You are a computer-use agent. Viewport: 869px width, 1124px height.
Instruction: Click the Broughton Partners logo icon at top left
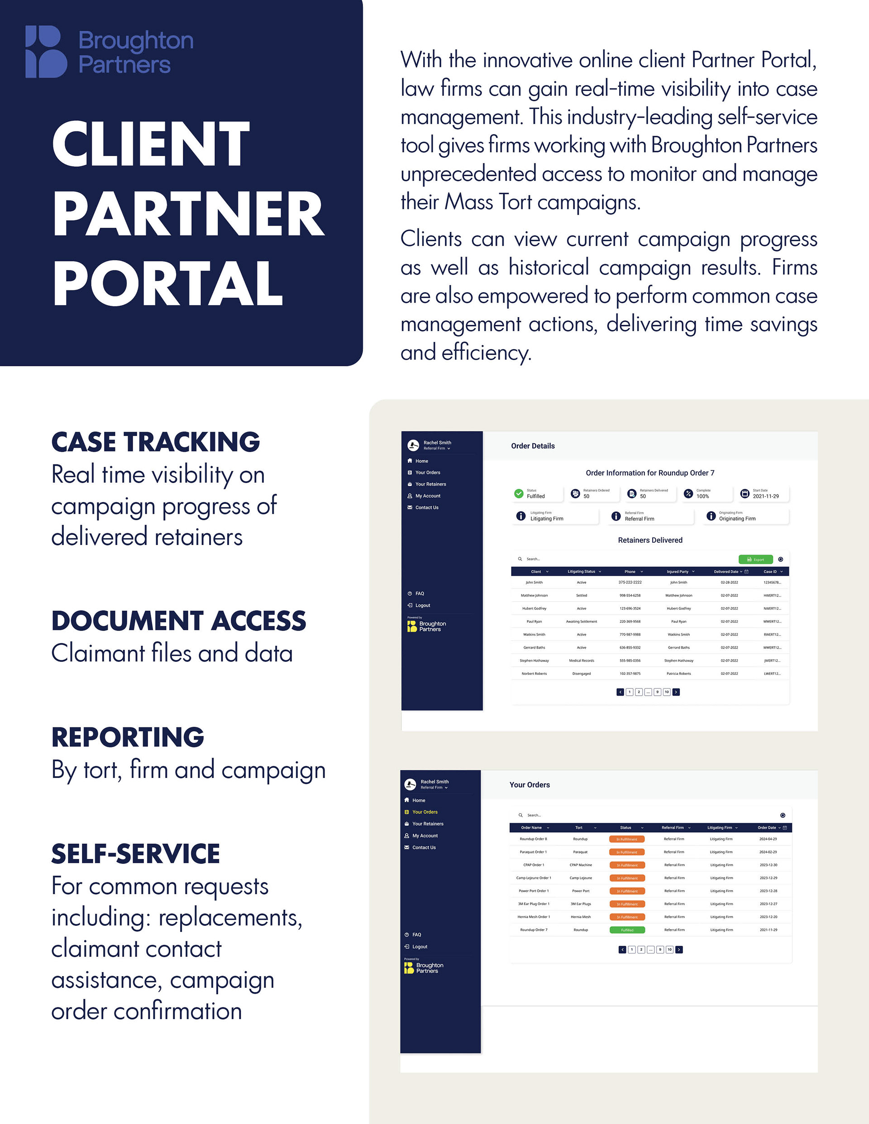pos(46,52)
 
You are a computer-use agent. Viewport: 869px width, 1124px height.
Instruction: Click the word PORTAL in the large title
pos(167,284)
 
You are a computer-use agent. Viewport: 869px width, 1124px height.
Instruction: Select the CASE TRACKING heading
pos(156,441)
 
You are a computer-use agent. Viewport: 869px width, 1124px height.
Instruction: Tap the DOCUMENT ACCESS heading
pos(179,620)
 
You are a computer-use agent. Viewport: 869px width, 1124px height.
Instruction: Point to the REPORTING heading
pos(128,736)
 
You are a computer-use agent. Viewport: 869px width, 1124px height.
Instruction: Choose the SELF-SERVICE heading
pos(135,854)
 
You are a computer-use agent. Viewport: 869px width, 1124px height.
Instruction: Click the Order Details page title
pos(533,446)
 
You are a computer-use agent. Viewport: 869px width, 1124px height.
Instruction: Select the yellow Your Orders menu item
pos(425,812)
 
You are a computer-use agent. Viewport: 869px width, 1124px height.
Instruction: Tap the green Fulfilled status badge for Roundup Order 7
pos(627,930)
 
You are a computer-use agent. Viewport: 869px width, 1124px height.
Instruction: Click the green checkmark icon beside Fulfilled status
pos(519,493)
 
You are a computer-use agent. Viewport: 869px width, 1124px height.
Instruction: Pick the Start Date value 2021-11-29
pos(765,496)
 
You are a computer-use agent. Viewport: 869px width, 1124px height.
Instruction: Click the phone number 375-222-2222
pos(630,583)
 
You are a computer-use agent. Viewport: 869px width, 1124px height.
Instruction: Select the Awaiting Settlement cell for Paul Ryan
pos(582,621)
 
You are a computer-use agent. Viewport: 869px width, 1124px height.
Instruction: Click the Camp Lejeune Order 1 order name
pos(533,878)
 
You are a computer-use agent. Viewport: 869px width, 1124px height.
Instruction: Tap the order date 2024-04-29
pos(768,839)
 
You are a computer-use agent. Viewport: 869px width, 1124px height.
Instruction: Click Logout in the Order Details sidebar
pos(422,605)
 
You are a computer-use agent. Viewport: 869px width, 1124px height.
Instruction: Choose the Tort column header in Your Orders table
pos(579,828)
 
